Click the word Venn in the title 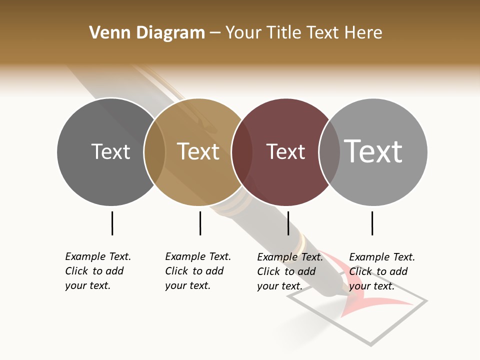click(x=107, y=33)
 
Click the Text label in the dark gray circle click(x=110, y=151)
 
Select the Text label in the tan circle click(x=198, y=151)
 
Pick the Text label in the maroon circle click(x=285, y=152)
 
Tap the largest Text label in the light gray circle click(x=373, y=151)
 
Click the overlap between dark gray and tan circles click(x=154, y=151)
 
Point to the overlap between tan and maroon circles click(x=241, y=151)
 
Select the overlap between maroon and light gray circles click(x=329, y=151)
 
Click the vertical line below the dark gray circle click(x=112, y=223)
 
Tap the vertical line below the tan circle click(x=200, y=223)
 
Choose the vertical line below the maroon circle click(x=288, y=223)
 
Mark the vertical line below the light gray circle click(x=372, y=223)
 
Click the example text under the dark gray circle click(x=97, y=271)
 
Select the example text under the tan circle click(x=197, y=271)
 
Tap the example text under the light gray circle click(x=381, y=271)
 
